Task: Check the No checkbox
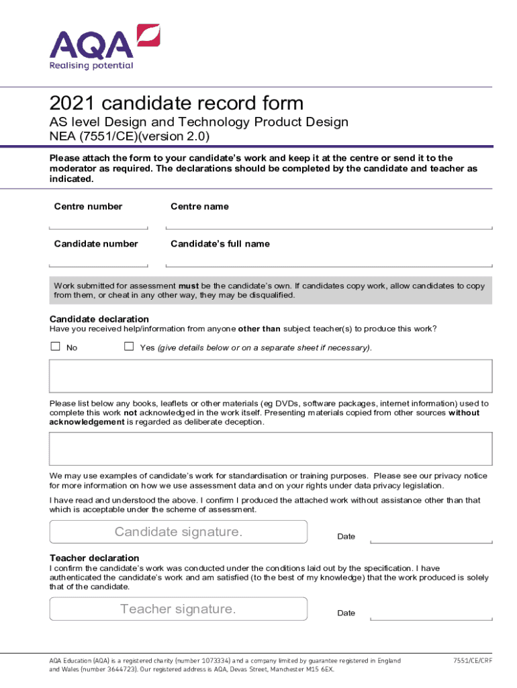coord(56,347)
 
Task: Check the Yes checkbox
coord(129,347)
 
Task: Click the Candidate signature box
coord(179,531)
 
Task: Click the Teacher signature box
coord(179,609)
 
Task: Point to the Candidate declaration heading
coord(99,318)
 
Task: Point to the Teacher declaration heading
coord(95,558)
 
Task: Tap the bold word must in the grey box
coord(189,286)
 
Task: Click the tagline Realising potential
coord(91,66)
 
